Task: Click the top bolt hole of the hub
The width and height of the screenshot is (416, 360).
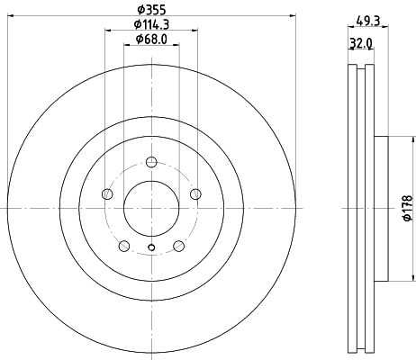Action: (x=151, y=162)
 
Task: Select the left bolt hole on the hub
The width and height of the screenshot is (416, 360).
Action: (x=107, y=193)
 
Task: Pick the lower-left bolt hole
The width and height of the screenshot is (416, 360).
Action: (x=124, y=246)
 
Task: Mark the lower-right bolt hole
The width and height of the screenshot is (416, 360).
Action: (x=178, y=246)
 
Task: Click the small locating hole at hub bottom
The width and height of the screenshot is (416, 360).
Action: (x=151, y=249)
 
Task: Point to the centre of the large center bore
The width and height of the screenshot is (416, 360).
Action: (x=151, y=208)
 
